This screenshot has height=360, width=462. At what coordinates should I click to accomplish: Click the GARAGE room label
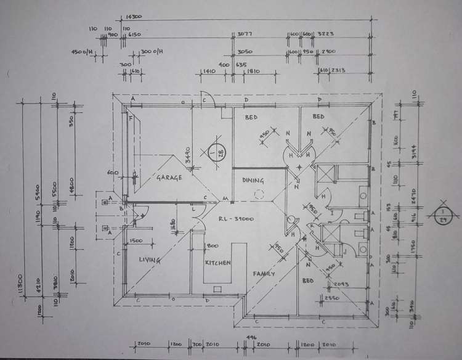(169, 178)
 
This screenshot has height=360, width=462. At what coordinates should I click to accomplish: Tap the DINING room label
(253, 181)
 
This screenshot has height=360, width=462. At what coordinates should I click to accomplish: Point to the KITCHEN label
(218, 263)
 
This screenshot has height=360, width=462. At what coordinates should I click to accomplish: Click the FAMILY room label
(263, 274)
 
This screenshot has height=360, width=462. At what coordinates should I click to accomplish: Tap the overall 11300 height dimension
(22, 287)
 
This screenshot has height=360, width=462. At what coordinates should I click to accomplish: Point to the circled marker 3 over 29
(444, 215)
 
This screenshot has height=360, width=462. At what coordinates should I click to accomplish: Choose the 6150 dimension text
(136, 35)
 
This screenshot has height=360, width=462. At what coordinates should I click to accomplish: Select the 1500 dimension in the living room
(136, 240)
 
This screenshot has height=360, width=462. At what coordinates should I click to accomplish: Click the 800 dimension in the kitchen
(213, 245)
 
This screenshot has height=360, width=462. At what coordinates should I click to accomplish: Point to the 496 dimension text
(251, 337)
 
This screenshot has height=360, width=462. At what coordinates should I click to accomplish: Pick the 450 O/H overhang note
(82, 52)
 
